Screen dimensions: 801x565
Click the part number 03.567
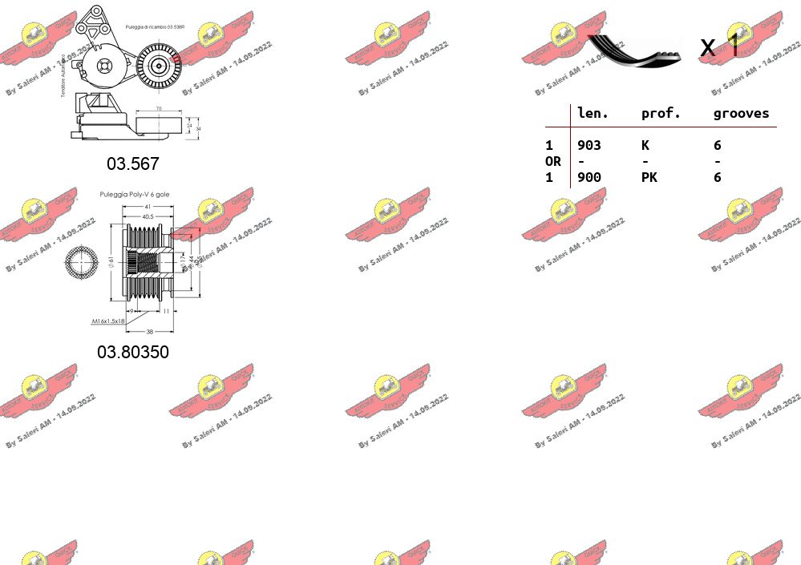pyautogui.click(x=133, y=163)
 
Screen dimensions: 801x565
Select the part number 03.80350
pyautogui.click(x=133, y=352)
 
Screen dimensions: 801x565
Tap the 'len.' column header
pyautogui.click(x=593, y=114)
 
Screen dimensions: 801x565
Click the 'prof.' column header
pyautogui.click(x=661, y=114)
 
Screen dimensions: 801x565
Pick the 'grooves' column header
pyautogui.click(x=741, y=114)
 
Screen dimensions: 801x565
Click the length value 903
pyautogui.click(x=589, y=145)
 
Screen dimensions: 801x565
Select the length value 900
pyautogui.click(x=589, y=177)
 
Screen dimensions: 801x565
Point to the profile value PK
pyautogui.click(x=649, y=177)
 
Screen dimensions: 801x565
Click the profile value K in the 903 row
pyautogui.click(x=645, y=145)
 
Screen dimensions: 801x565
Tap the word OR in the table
pyautogui.click(x=553, y=161)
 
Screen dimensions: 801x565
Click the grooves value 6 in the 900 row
pyautogui.click(x=717, y=177)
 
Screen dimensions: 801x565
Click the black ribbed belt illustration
pyautogui.click(x=633, y=50)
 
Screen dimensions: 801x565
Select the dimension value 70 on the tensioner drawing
pyautogui.click(x=159, y=108)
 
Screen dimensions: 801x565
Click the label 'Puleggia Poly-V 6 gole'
pyautogui.click(x=135, y=195)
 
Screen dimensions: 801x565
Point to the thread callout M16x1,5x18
pyautogui.click(x=108, y=321)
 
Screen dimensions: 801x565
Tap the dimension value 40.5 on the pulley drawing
pyautogui.click(x=148, y=216)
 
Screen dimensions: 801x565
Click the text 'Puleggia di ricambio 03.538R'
pyautogui.click(x=156, y=27)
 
